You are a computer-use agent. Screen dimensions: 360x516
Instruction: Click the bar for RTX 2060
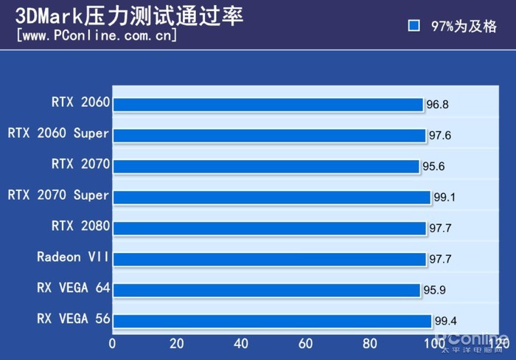click(x=268, y=105)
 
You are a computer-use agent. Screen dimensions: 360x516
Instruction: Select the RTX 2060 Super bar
click(x=270, y=136)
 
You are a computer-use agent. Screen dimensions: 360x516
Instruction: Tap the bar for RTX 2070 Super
click(x=272, y=198)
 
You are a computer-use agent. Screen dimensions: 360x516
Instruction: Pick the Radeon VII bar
click(x=270, y=259)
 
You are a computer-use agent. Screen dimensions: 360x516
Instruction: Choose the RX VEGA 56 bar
click(x=273, y=321)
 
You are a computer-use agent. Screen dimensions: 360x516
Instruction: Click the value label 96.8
click(x=437, y=105)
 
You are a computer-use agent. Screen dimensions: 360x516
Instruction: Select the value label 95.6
click(x=433, y=167)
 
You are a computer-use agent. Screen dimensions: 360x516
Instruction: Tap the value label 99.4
click(x=445, y=321)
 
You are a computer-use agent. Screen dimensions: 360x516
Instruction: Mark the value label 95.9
click(x=434, y=290)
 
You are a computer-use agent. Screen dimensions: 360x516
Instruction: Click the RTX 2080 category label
click(x=80, y=225)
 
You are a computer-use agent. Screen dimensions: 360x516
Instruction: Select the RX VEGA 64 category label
click(x=73, y=288)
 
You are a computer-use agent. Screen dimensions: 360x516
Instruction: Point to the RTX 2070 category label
click(x=80, y=163)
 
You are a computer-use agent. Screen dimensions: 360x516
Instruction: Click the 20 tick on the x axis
click(x=177, y=343)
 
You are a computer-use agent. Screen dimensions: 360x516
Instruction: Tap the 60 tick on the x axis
click(x=306, y=343)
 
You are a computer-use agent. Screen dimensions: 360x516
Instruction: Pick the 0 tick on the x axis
click(x=113, y=343)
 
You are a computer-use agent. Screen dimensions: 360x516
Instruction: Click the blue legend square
click(x=414, y=26)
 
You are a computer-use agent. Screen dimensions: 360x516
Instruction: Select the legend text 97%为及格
click(x=464, y=26)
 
